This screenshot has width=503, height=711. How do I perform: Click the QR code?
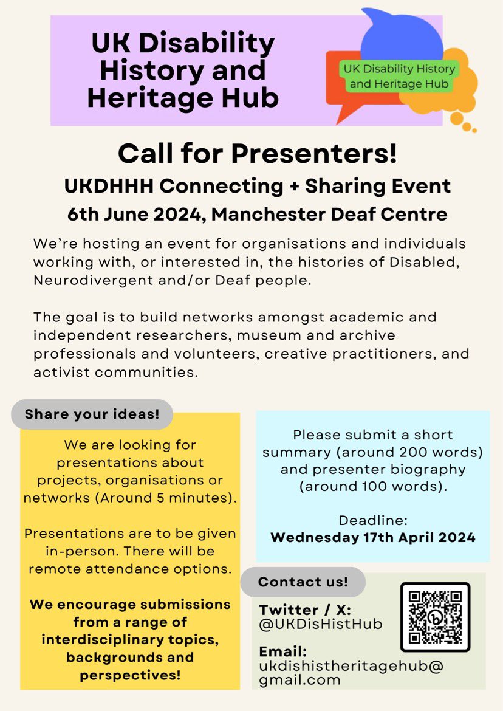pos(435,617)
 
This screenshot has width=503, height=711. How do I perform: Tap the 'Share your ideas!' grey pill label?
pos(92,415)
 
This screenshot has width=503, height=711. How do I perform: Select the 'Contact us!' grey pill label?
pos(303,582)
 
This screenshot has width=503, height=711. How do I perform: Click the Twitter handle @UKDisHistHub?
pos(321,624)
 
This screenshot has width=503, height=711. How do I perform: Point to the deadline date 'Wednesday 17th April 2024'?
pos(372,538)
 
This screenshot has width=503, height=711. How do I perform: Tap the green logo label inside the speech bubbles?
pos(399,76)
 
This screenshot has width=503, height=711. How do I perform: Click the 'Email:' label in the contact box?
pos(282,651)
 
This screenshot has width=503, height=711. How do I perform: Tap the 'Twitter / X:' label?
pos(306,610)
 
